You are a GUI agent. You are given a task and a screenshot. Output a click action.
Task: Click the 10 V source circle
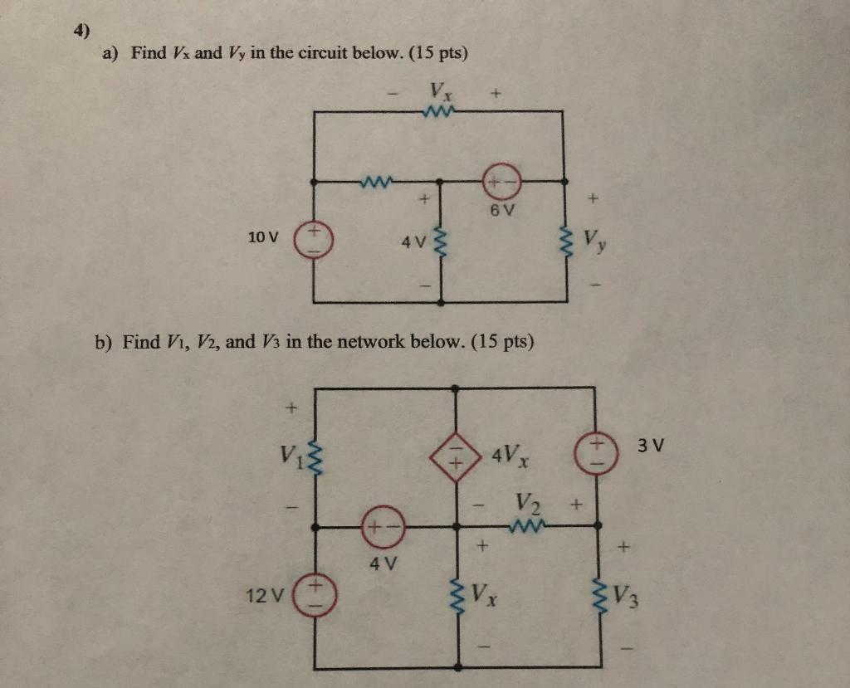click(315, 237)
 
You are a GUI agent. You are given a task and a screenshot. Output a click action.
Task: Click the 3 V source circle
click(598, 452)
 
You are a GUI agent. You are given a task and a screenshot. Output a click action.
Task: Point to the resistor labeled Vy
click(568, 243)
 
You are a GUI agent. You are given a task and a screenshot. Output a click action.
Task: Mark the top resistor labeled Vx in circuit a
click(437, 110)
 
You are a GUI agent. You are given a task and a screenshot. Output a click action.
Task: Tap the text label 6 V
click(501, 210)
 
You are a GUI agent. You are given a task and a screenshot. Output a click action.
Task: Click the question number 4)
click(81, 32)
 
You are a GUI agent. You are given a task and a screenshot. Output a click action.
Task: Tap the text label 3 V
click(652, 446)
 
